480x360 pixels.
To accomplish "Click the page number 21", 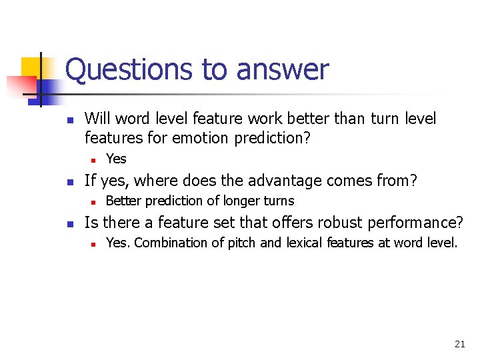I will tap(459, 344).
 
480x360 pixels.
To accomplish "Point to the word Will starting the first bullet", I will tap(97, 119).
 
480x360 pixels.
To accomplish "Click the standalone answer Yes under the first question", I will tap(116, 159).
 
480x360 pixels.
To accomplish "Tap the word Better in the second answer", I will tap(123, 201).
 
